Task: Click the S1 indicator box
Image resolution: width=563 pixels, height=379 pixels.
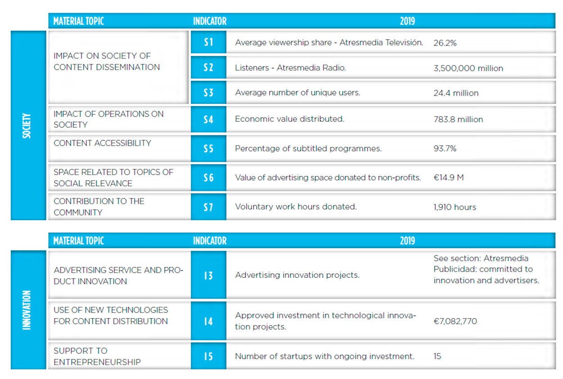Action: tap(209, 42)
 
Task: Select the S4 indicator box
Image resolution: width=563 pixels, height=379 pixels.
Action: tap(209, 120)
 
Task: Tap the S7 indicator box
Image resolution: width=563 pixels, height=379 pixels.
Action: tap(209, 207)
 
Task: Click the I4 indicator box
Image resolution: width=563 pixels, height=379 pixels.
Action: tap(209, 321)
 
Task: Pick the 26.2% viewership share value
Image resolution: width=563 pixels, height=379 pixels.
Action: tap(445, 43)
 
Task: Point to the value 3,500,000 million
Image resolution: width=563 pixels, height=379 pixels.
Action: tap(468, 68)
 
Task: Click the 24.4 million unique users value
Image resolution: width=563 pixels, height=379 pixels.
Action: tap(456, 93)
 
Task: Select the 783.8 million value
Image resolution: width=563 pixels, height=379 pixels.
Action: tap(458, 120)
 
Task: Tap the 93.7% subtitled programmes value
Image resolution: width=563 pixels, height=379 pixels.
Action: tap(445, 148)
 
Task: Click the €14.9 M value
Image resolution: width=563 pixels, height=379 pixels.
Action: tap(448, 178)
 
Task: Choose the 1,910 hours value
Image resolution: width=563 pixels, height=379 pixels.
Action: tap(454, 207)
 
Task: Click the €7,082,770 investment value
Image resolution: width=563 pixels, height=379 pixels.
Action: tap(455, 321)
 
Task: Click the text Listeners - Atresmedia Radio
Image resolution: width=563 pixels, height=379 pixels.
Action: tap(290, 68)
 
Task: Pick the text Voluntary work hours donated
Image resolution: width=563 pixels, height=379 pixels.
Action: tap(295, 207)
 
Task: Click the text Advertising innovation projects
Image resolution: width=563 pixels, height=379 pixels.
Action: tap(297, 275)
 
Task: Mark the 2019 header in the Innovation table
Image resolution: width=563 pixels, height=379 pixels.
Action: tap(407, 241)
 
